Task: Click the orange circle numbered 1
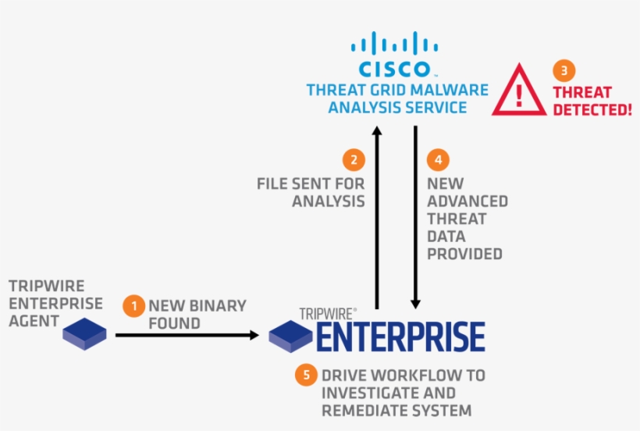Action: (134, 306)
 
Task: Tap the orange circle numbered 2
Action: (354, 159)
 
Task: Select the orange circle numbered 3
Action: (564, 70)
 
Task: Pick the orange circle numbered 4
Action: (438, 159)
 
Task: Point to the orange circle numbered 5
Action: (306, 375)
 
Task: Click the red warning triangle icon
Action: (519, 90)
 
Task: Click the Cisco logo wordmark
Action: (395, 69)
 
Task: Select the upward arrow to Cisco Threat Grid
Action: (377, 218)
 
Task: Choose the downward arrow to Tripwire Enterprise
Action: (415, 218)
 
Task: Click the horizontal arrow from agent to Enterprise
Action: (187, 335)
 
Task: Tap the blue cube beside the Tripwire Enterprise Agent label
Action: (84, 334)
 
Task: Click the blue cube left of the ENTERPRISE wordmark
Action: (290, 337)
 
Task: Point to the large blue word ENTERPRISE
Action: (401, 337)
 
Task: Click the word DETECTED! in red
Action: (592, 110)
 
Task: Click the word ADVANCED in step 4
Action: (468, 201)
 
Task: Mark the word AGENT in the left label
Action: (34, 321)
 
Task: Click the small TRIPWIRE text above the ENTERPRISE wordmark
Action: (326, 314)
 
